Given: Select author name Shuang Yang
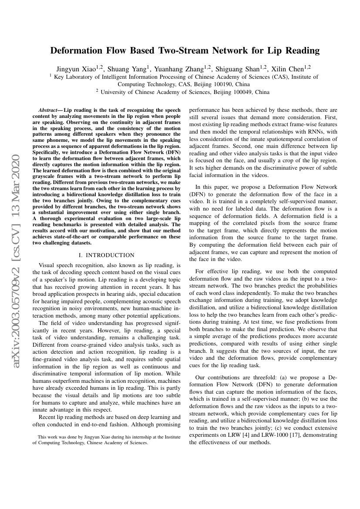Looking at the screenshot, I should [x=127, y=69].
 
